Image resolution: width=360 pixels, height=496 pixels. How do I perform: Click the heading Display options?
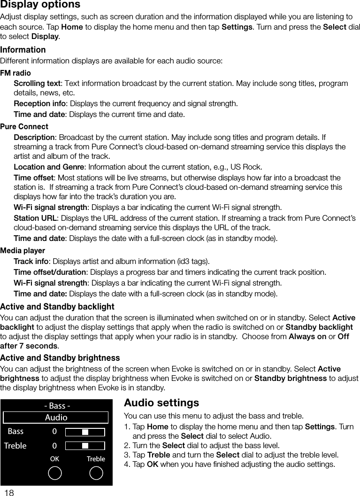(x=40, y=5)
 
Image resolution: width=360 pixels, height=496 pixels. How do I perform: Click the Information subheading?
(x=23, y=50)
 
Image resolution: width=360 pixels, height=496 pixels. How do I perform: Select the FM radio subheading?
(x=15, y=73)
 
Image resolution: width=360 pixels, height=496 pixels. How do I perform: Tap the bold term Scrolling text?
(x=37, y=84)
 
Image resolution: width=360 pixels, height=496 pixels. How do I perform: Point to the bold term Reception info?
(x=39, y=104)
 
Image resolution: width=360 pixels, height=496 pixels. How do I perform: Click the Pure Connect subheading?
(x=24, y=127)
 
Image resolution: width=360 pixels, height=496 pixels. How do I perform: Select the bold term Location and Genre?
(x=49, y=167)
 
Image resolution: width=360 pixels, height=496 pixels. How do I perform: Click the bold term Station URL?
(x=35, y=218)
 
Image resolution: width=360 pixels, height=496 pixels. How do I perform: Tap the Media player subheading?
(x=23, y=251)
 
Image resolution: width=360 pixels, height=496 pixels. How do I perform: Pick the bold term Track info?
(x=31, y=262)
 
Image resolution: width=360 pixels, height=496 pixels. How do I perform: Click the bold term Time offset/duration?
(x=50, y=272)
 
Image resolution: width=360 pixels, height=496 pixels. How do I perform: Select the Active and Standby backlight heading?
(x=57, y=307)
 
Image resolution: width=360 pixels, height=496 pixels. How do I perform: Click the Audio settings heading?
(x=161, y=403)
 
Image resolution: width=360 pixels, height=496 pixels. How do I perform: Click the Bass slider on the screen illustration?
(x=84, y=432)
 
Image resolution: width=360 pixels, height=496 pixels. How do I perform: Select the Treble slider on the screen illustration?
(x=84, y=445)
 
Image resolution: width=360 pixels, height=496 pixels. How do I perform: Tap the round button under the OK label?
(x=55, y=473)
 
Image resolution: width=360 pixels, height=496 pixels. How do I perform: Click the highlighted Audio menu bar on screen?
(x=56, y=417)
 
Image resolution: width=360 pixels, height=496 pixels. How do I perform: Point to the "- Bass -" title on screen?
(x=57, y=406)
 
